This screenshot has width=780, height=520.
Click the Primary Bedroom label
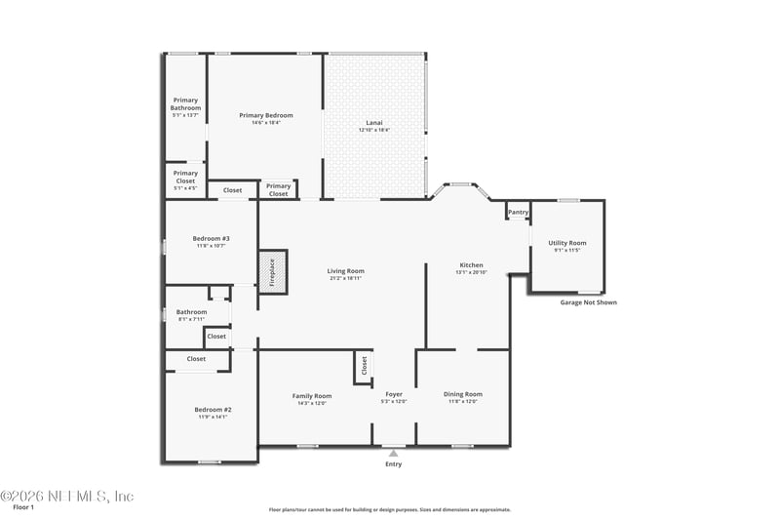click(266, 115)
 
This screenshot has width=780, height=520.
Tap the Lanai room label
click(373, 122)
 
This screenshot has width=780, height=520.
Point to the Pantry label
click(518, 212)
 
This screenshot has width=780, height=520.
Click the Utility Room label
click(566, 243)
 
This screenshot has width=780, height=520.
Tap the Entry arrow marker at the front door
click(393, 454)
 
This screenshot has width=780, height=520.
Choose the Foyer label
click(393, 394)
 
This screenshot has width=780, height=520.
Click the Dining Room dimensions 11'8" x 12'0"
click(463, 402)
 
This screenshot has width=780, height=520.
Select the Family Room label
click(312, 395)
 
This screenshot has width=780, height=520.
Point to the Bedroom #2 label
click(212, 409)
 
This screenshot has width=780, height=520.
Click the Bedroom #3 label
click(211, 238)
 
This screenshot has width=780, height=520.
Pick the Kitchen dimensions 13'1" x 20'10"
click(472, 273)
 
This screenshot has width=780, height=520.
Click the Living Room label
click(345, 270)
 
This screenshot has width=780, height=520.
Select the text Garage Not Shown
click(588, 302)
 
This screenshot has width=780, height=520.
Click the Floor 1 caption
click(23, 507)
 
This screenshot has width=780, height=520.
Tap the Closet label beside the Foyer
click(364, 366)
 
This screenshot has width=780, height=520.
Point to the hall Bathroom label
click(191, 311)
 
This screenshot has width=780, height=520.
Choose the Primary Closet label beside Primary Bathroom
click(185, 177)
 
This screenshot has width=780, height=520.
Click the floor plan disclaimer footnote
click(390, 509)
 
